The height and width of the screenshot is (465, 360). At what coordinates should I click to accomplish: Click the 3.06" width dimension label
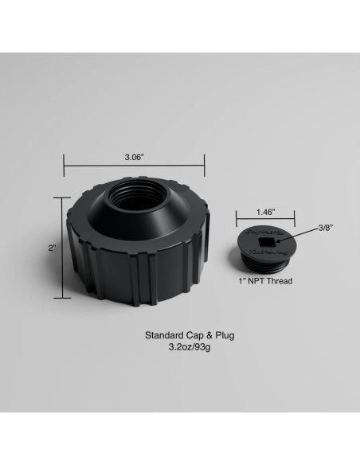pos(134,158)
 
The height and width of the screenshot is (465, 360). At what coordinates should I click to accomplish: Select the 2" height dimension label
pos(52,248)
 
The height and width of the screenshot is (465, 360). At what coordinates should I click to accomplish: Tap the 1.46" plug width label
pos(266,212)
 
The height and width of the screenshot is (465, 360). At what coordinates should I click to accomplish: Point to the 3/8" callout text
pos(326,228)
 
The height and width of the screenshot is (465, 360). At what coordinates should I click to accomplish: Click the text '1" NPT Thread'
pos(266,281)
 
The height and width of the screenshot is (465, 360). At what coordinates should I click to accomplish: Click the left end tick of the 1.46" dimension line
pos(237,221)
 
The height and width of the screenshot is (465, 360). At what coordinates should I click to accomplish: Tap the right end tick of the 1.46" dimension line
pos(295,221)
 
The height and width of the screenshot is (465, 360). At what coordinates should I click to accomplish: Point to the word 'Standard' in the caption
pos(162,335)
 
